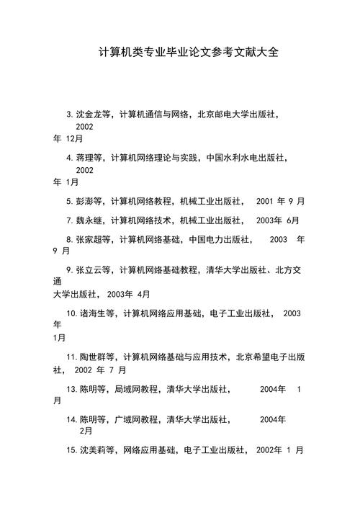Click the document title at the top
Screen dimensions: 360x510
189,53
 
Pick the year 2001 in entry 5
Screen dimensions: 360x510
266,201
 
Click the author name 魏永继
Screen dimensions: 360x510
86,220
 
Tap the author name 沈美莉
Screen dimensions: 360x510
91,450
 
